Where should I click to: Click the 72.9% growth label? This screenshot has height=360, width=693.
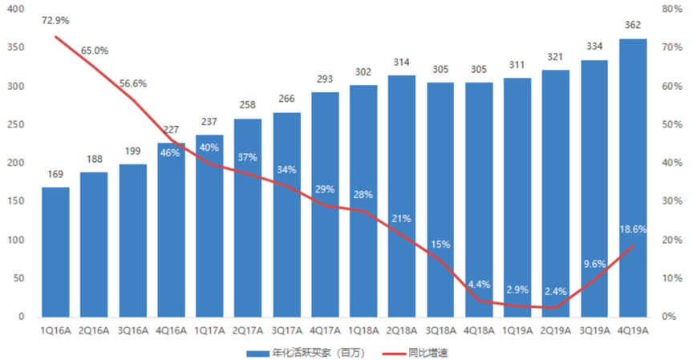55,20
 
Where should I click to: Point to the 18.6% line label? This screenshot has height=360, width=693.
633,229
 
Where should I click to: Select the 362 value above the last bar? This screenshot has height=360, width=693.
633,26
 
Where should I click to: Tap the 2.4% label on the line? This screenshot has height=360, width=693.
556,292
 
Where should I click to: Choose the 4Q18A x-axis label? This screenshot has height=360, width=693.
479,330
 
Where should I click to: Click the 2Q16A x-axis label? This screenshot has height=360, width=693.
94,330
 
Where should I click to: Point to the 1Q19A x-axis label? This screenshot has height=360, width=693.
517,330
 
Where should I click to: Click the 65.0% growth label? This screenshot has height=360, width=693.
94,51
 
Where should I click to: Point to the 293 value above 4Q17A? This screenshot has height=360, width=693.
325,79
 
